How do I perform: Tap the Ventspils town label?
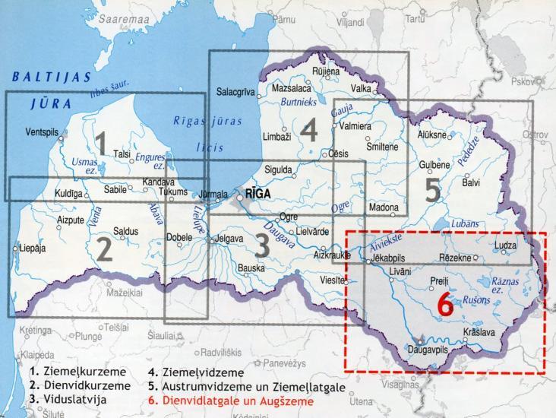(x=43, y=131)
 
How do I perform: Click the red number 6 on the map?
(x=446, y=306)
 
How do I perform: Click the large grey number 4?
(x=308, y=132)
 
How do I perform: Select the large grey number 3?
(x=262, y=247)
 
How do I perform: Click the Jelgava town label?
(x=235, y=239)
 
